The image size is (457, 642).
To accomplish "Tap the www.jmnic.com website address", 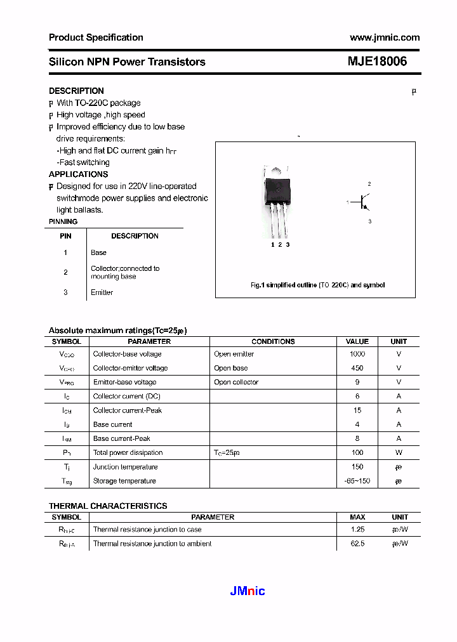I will pyautogui.click(x=384, y=37).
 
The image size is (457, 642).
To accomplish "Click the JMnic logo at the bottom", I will pyautogui.click(x=247, y=591).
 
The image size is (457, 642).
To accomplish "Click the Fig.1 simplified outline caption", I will pyautogui.click(x=317, y=285).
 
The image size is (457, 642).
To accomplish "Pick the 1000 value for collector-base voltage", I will pyautogui.click(x=357, y=354).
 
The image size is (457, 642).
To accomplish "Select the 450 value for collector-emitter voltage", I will pyautogui.click(x=357, y=368).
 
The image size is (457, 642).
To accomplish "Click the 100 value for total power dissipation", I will pyautogui.click(x=357, y=453).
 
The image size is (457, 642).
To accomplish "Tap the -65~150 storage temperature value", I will pyautogui.click(x=357, y=481).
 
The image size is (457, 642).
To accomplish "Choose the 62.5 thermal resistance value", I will pyautogui.click(x=357, y=544).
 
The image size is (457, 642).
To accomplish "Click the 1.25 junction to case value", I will pyautogui.click(x=357, y=530).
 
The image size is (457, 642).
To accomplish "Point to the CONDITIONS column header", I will pyautogui.click(x=273, y=341).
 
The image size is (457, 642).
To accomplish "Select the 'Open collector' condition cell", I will pyautogui.click(x=236, y=382).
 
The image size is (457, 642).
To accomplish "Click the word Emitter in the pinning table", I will pyautogui.click(x=102, y=292).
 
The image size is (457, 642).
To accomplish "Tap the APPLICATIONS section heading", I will pyautogui.click(x=78, y=174).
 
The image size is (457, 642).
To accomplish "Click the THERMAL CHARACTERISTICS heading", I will pyautogui.click(x=108, y=506).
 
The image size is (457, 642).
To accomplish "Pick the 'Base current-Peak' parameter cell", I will pyautogui.click(x=122, y=438).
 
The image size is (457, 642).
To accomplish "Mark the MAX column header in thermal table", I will pyautogui.click(x=357, y=517).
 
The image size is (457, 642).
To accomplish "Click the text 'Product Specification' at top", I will pyautogui.click(x=96, y=37).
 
